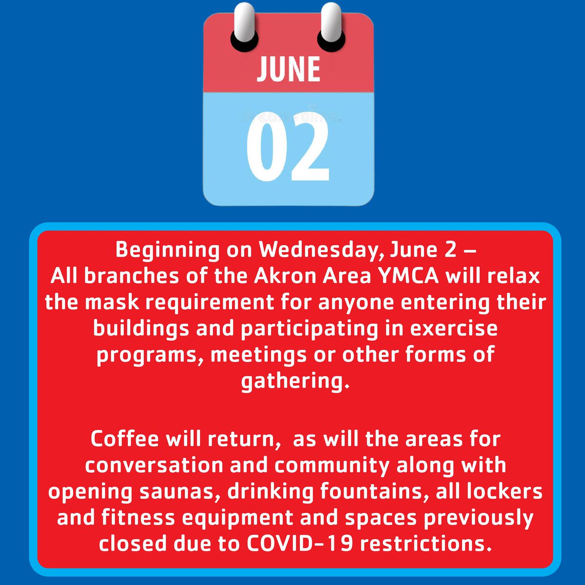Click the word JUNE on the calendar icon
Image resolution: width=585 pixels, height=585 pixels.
289,69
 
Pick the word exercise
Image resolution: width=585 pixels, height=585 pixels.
454,328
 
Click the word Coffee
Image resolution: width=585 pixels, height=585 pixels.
124,439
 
